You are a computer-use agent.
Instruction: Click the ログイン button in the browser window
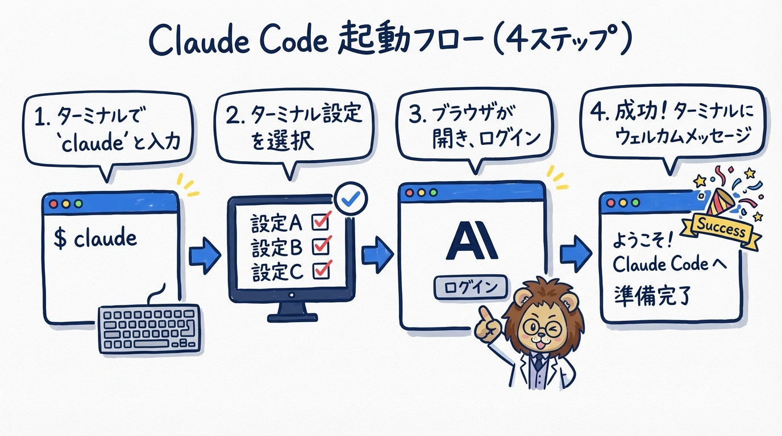point(469,287)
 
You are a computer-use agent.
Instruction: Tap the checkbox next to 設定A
point(321,222)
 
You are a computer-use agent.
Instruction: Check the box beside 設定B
point(322,246)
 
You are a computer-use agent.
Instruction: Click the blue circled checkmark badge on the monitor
point(352,198)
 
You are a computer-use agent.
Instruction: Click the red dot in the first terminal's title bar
point(54,203)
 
